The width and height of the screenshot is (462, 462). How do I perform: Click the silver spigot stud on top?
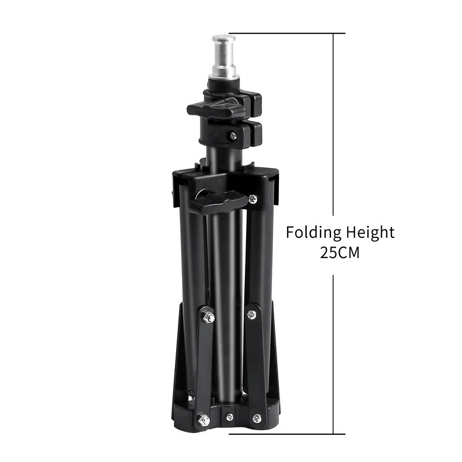(224, 57)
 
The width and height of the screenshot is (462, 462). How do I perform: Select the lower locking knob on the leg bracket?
(218, 202)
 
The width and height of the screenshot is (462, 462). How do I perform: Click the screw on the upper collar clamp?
(233, 136)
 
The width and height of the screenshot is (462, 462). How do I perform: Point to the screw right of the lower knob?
(253, 199)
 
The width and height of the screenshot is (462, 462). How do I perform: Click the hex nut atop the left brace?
(207, 317)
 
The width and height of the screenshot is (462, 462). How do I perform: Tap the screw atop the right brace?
(251, 315)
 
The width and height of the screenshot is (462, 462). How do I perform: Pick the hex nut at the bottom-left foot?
(204, 420)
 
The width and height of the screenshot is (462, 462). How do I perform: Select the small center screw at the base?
(229, 417)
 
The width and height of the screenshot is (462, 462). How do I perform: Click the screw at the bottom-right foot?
(257, 418)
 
